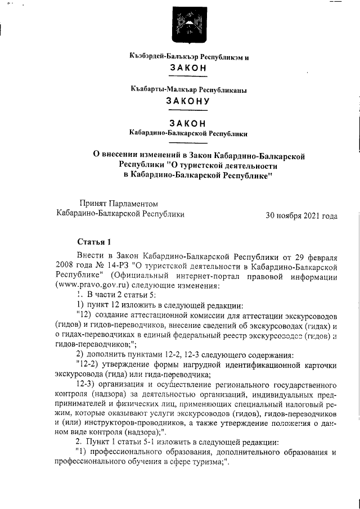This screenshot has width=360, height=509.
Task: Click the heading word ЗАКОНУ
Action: (188, 101)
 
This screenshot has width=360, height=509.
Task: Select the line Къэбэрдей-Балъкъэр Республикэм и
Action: (188, 57)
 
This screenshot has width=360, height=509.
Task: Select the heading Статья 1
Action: (93, 243)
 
